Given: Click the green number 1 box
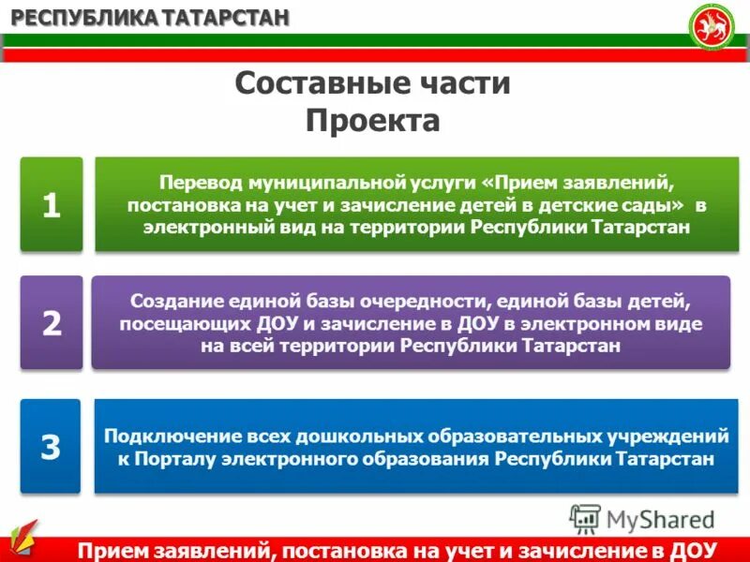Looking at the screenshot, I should [51, 204].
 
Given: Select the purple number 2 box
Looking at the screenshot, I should [51, 323].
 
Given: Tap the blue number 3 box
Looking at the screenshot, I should [51, 447].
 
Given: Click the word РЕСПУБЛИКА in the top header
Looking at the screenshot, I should [75, 17].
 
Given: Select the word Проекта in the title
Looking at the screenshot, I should [373, 120].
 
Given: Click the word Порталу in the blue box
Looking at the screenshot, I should [172, 459].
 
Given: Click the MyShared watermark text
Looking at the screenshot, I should [660, 518].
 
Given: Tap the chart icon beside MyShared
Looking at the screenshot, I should [585, 518].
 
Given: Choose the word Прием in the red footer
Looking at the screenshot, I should [112, 549].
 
